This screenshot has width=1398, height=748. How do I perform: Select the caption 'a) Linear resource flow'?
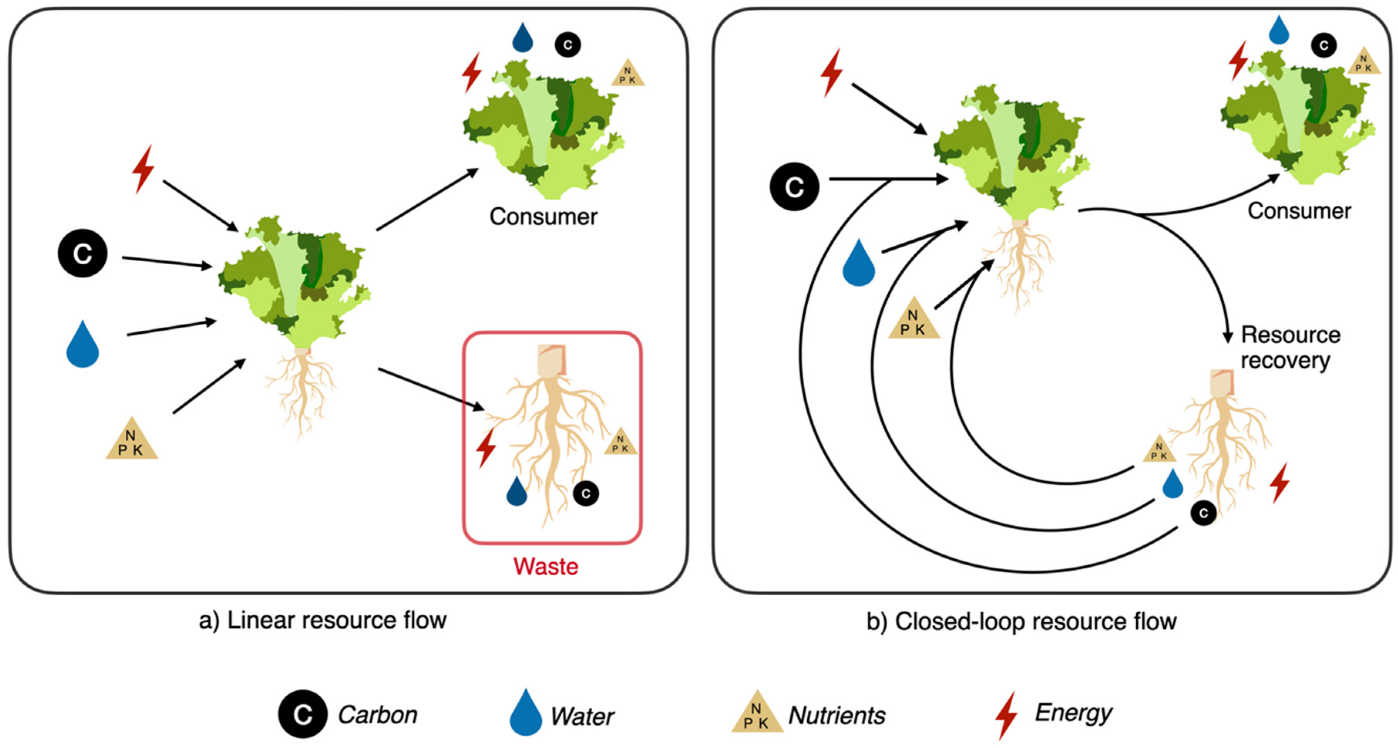pos(323,620)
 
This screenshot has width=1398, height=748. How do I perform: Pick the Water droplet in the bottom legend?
pos(525,712)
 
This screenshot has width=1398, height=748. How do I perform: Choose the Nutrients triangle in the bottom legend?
pos(757,712)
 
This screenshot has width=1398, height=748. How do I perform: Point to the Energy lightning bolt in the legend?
pos(1006,715)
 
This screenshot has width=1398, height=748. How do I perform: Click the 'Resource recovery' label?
pos(1290,347)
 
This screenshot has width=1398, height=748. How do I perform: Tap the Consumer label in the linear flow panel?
pos(543,217)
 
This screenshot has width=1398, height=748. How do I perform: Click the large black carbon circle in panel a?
pos(82,254)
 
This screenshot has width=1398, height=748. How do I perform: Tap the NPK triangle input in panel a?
pos(132,439)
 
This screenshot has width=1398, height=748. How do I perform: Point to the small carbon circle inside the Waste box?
pos(586,493)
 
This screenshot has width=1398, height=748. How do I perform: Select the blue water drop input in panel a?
pos(82,344)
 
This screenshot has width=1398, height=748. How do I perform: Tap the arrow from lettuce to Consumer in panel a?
pos(428,199)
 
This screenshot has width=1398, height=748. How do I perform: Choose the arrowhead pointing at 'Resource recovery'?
pos(1227,336)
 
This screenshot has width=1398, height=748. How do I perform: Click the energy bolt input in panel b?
pos(832,72)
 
